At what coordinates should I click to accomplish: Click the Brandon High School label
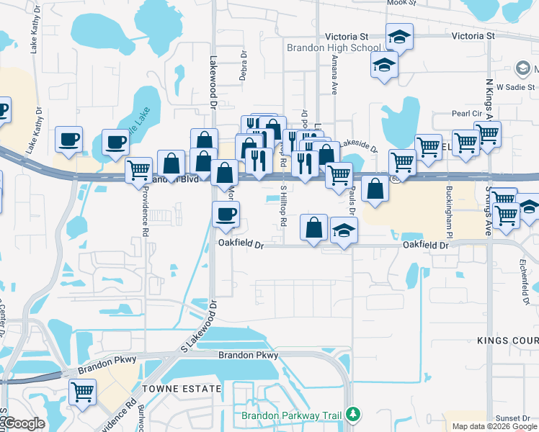pyautogui.click(x=333, y=49)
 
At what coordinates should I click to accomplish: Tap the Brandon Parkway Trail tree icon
pyautogui.click(x=352, y=414)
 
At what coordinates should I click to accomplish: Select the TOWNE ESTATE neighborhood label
pyautogui.click(x=181, y=389)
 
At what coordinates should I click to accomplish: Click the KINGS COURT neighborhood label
pyautogui.click(x=507, y=339)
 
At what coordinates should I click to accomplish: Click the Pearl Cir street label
pyautogui.click(x=466, y=114)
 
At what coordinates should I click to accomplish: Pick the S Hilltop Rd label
pyautogui.click(x=284, y=203)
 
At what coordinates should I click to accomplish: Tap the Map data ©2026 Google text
pyautogui.click(x=494, y=426)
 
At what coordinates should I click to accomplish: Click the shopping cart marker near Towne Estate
pyautogui.click(x=83, y=392)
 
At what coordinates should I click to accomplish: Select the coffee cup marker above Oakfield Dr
pyautogui.click(x=226, y=214)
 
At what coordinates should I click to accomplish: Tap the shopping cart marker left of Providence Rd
pyautogui.click(x=138, y=170)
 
